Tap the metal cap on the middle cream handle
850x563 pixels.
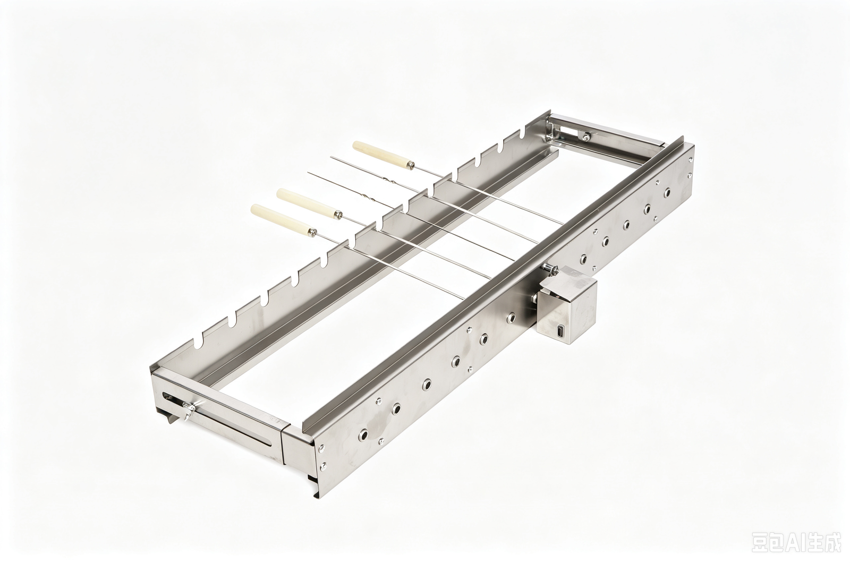tap(338, 215)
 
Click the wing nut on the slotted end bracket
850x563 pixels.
tap(188, 411)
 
